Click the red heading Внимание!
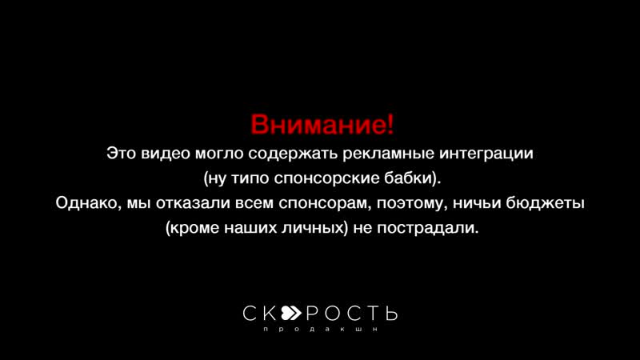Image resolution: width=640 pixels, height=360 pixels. (322, 126)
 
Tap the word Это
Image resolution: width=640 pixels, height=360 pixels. (122, 152)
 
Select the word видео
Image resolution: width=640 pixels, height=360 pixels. (166, 152)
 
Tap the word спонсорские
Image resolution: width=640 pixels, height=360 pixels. (340, 178)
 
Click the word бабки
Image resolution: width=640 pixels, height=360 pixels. (414, 178)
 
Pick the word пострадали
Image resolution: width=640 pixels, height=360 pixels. (430, 229)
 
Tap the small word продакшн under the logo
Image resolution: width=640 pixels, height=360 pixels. (320, 330)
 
